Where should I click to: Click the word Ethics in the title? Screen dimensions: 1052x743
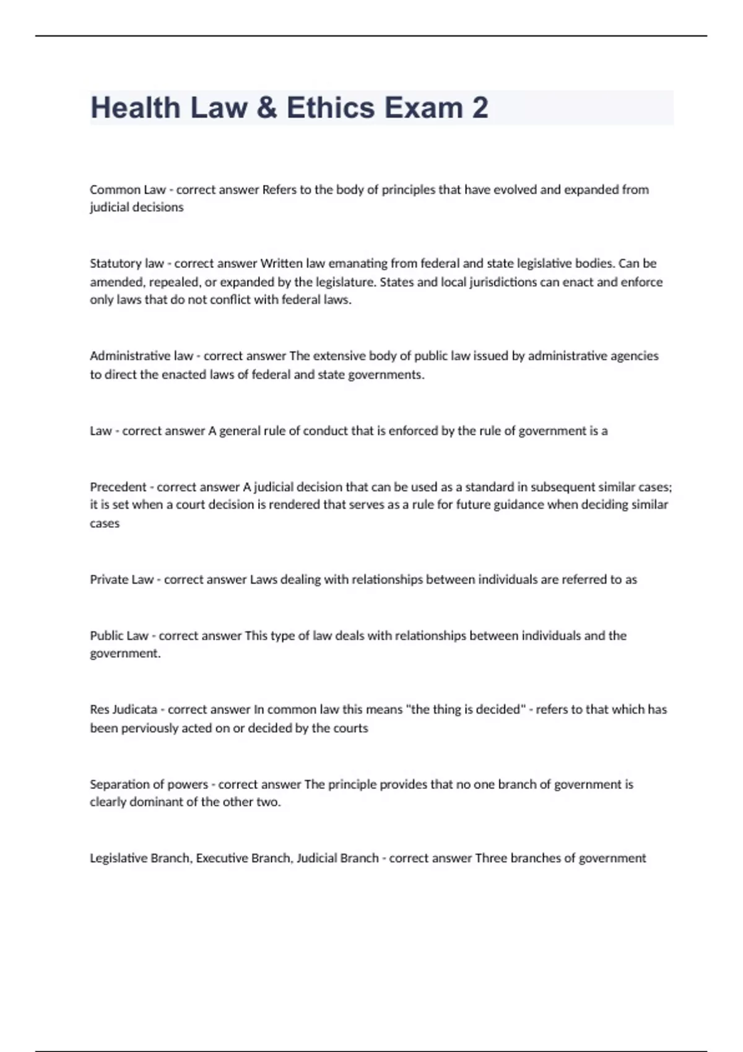click(x=331, y=108)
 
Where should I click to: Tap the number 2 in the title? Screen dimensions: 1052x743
click(x=479, y=108)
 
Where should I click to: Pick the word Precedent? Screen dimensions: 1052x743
click(x=118, y=487)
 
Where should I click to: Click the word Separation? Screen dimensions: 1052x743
click(x=118, y=785)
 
